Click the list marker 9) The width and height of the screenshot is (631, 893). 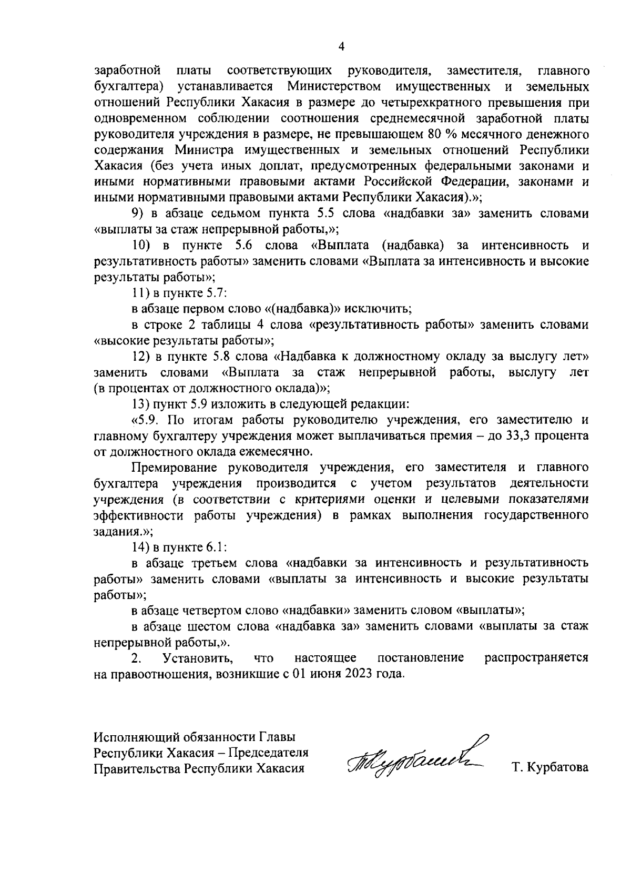pyautogui.click(x=138, y=214)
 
